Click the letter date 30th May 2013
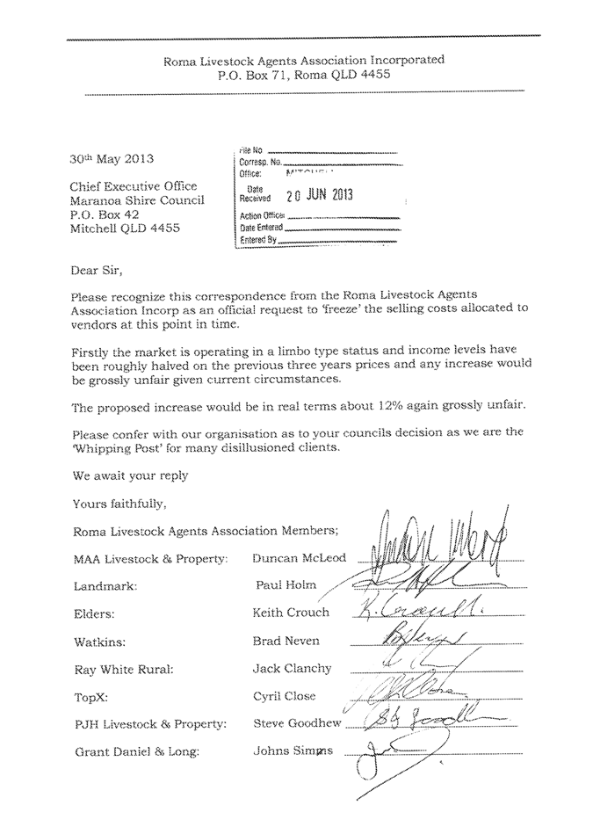112,160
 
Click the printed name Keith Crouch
291,613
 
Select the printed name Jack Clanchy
292,669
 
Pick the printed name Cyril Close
284,696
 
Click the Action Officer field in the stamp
264,215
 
